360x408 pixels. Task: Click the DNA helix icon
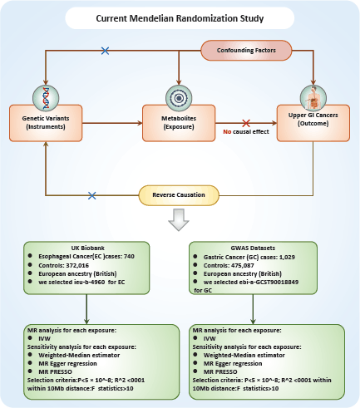[46, 98]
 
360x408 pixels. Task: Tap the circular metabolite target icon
[179, 98]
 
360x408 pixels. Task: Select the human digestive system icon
[313, 98]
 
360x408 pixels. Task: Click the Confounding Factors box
[246, 50]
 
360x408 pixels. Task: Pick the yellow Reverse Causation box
[179, 195]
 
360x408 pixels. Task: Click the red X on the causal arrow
[246, 123]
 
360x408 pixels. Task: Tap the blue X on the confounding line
[105, 51]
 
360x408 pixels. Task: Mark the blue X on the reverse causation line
[92, 195]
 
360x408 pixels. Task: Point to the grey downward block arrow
[179, 219]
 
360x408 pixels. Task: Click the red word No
[227, 132]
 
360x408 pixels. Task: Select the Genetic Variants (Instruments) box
[46, 123]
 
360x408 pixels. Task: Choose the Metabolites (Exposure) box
[179, 123]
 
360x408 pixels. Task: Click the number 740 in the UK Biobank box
[129, 257]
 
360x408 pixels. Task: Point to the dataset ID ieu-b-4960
[89, 282]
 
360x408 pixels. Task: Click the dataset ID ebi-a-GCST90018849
[269, 282]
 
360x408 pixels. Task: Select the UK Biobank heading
[84, 248]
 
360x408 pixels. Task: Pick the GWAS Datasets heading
[253, 248]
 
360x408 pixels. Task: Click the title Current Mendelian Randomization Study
[180, 18]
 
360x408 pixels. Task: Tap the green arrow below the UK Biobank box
[86, 309]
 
